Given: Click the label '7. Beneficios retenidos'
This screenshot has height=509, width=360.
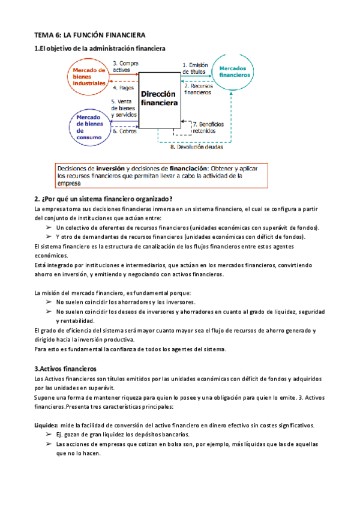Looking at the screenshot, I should click(x=207, y=127).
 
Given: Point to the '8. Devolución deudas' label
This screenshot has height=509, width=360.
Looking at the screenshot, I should click(x=196, y=146).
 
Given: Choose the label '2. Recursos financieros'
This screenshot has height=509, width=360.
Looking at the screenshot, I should click(x=197, y=89).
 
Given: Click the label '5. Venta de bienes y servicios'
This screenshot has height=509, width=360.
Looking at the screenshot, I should click(x=124, y=108).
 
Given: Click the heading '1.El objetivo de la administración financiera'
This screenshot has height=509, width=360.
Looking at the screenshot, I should click(x=100, y=48).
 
